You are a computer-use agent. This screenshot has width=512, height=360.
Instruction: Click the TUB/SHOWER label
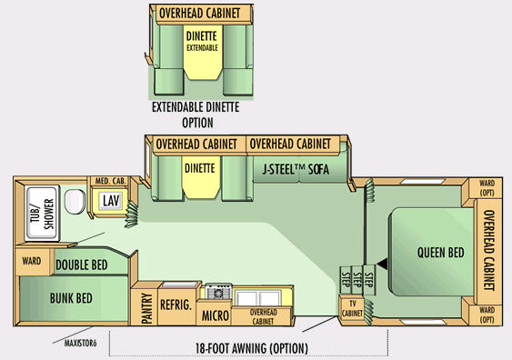pyautogui.click(x=43, y=215)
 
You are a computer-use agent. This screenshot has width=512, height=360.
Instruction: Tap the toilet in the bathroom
pyautogui.click(x=75, y=202)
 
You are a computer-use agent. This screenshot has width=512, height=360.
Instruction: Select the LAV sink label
pyautogui.click(x=111, y=201)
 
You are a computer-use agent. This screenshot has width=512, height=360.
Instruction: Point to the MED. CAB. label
pyautogui.click(x=110, y=181)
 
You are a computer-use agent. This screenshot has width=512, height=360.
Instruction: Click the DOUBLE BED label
pyautogui.click(x=82, y=265)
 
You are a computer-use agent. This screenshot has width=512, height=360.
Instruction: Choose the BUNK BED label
pyautogui.click(x=71, y=298)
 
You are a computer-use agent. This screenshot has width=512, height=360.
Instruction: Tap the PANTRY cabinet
pyautogui.click(x=147, y=308)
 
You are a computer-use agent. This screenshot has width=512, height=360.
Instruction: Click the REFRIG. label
pyautogui.click(x=176, y=305)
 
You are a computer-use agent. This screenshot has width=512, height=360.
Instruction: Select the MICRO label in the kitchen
pyautogui.click(x=216, y=315)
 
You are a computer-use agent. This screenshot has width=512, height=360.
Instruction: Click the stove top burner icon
pyautogui.click(x=218, y=292)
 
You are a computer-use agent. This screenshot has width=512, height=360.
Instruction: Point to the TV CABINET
pyautogui.click(x=352, y=309)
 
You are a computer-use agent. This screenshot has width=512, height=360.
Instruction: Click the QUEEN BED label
pyautogui.click(x=441, y=253)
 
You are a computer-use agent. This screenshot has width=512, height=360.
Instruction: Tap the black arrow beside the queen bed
pyautogui.click(x=383, y=264)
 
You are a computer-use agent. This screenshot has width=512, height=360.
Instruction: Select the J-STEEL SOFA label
pyautogui.click(x=296, y=169)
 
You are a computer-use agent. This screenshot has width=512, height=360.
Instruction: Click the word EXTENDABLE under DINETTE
pyautogui.click(x=202, y=48)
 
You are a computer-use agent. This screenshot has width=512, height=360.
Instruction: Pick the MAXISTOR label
pyautogui.click(x=80, y=344)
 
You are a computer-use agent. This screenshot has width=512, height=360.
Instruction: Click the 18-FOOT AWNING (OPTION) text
pyautogui.click(x=252, y=348)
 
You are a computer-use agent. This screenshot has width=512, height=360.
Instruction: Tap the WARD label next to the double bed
pyautogui.click(x=32, y=261)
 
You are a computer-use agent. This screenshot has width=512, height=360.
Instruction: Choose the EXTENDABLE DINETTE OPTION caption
pyautogui.click(x=196, y=115)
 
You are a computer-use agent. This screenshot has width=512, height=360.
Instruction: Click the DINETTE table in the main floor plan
pyautogui.click(x=200, y=177)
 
